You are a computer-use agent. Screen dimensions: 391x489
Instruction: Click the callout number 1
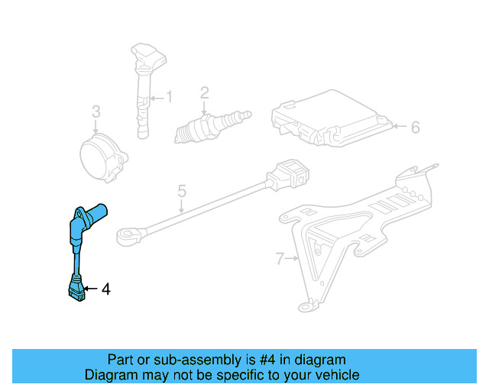coord(170,98)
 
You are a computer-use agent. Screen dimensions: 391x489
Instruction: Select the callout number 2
coord(205,93)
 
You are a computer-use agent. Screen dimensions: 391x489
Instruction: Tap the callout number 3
coord(96,111)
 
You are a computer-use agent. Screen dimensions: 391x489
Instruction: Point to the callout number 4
coord(105,289)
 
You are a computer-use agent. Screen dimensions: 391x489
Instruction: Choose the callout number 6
coord(415,127)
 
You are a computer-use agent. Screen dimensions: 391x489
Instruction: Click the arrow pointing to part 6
coord(399,127)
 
